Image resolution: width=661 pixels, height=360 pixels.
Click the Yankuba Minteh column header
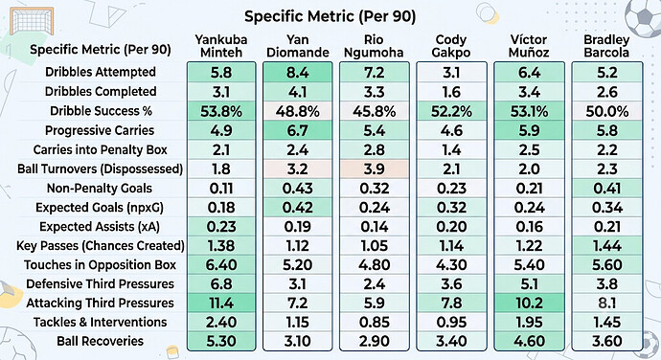coord(221,46)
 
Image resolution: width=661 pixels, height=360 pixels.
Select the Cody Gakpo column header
coord(451,46)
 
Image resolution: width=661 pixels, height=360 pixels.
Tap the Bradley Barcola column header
coord(606,46)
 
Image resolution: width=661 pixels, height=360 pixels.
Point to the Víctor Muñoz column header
coord(529,46)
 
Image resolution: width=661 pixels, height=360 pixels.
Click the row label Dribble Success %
coord(101,111)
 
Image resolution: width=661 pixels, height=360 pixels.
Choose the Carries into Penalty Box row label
coord(101,149)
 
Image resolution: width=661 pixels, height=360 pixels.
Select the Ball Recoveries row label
coord(101,341)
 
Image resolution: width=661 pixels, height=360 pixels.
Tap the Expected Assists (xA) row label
coord(100,227)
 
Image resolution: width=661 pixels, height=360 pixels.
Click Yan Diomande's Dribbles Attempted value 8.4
coord(298,73)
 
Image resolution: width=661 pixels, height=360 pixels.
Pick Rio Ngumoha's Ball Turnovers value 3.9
coord(375,169)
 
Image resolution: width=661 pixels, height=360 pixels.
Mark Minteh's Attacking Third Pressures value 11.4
coord(221,304)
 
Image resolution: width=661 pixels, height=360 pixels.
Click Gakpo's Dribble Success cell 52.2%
coord(451,112)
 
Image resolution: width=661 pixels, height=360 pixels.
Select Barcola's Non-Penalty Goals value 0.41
coord(607,189)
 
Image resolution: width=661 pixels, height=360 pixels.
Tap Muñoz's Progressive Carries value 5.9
coord(529,130)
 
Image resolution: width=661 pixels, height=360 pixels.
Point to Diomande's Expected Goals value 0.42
coord(298,208)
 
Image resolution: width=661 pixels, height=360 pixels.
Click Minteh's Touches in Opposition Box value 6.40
coord(221,265)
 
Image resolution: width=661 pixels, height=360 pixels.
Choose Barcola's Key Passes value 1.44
coord(607,246)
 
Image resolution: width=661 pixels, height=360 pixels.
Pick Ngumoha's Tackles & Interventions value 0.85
coord(375,323)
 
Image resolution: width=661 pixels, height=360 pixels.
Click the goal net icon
coord(32,21)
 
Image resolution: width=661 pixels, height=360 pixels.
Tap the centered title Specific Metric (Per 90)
coord(330,16)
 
